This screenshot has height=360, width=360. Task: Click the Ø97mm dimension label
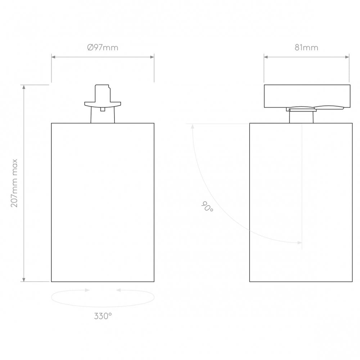coord(103,48)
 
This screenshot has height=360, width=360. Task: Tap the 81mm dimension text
coord(306,48)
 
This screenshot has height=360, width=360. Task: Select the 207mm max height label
coord(14,183)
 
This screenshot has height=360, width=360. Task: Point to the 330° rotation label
coord(103,316)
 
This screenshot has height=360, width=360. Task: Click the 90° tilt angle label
coord(207,206)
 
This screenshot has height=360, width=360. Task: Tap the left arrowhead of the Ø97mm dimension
coord(53,57)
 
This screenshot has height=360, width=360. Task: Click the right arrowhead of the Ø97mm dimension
coord(152,57)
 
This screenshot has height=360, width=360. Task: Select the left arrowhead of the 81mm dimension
coord(266,57)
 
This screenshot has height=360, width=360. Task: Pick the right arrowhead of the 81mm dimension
coord(347,57)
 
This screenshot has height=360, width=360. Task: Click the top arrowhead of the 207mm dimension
coord(24,87)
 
